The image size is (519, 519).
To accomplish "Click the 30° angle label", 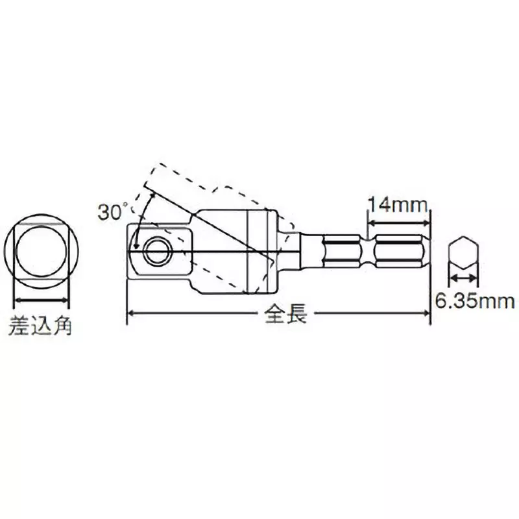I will (x=112, y=211).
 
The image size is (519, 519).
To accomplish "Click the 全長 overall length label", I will (x=280, y=315).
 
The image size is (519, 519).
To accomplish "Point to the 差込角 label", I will (x=40, y=324).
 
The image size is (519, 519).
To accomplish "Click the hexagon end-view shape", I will (x=463, y=255).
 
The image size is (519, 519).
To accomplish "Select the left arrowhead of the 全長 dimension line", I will (x=130, y=314).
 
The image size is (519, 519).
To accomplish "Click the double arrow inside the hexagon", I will (x=463, y=278).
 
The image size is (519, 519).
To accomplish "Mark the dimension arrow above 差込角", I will (x=41, y=300).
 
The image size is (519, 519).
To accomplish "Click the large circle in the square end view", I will (x=41, y=250).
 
